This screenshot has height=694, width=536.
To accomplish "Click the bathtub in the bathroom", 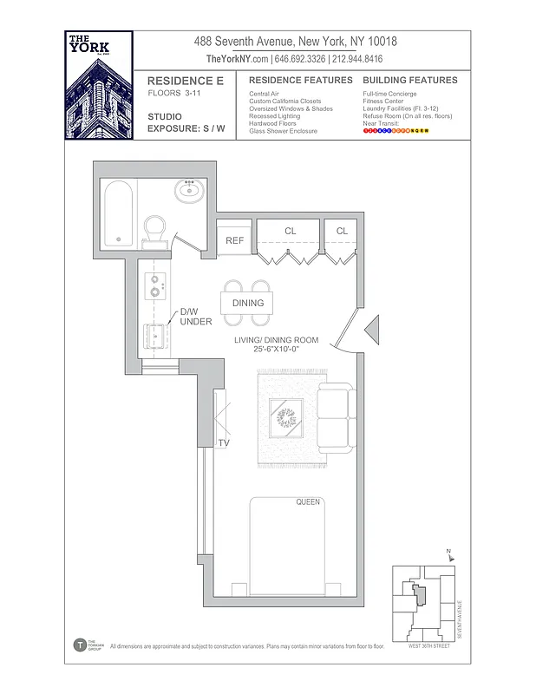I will point(119,213).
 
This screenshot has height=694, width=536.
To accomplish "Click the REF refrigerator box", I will point(234,239).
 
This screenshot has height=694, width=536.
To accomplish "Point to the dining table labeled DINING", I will point(247,303).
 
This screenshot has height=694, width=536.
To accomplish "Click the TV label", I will point(224,443).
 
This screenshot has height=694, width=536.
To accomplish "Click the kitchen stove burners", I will point(155,285).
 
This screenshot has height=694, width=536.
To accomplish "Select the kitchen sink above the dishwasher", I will point(156,336).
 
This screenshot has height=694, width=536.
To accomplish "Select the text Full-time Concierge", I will point(389,94).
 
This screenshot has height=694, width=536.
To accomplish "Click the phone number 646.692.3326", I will point(300,59).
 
